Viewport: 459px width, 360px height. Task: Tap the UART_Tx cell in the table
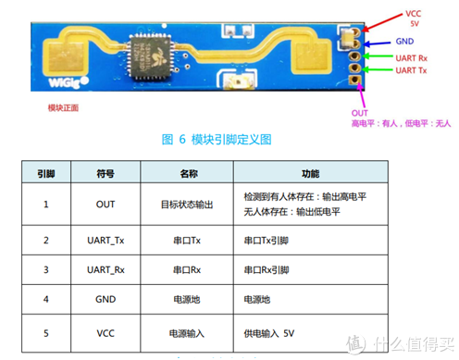(x=105, y=241)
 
